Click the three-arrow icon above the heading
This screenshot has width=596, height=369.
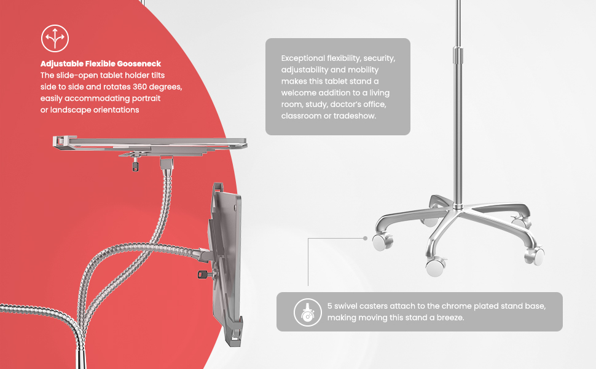point(55,38)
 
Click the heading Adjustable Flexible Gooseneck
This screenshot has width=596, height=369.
point(101,64)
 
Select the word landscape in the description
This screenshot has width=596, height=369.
point(71,110)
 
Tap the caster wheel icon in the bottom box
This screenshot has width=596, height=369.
point(308,312)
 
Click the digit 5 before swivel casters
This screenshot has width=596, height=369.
point(329,306)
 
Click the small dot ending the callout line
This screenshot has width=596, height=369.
point(365,238)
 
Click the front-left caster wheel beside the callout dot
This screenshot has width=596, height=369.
point(382,242)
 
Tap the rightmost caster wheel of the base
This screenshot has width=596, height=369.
point(535,256)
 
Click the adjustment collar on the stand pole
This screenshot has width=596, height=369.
point(458,55)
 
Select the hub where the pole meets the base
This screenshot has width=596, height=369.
point(458,207)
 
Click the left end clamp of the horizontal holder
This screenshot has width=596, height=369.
point(61,141)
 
